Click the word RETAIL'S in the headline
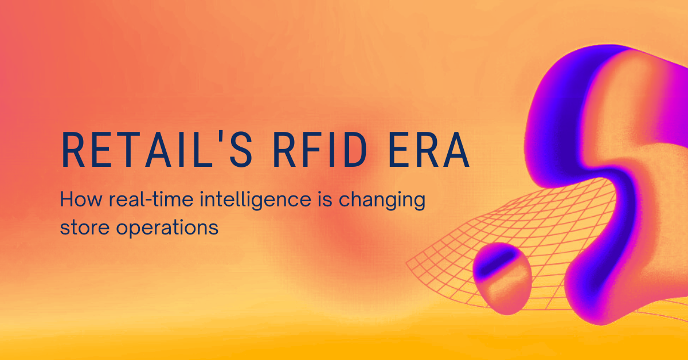(157, 150)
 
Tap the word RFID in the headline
(320, 150)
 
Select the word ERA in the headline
(429, 150)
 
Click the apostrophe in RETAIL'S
(221, 138)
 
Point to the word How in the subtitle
(81, 199)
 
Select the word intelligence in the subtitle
(256, 201)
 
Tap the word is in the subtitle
(325, 199)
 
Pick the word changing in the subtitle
(382, 201)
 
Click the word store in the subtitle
(85, 228)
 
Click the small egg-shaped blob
(502, 279)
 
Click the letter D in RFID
(354, 150)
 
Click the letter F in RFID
(312, 150)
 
